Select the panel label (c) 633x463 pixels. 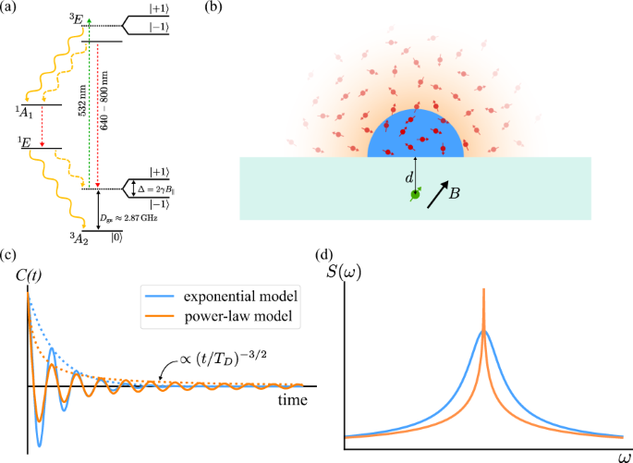(x=9, y=256)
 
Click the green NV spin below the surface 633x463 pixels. (x=416, y=194)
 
